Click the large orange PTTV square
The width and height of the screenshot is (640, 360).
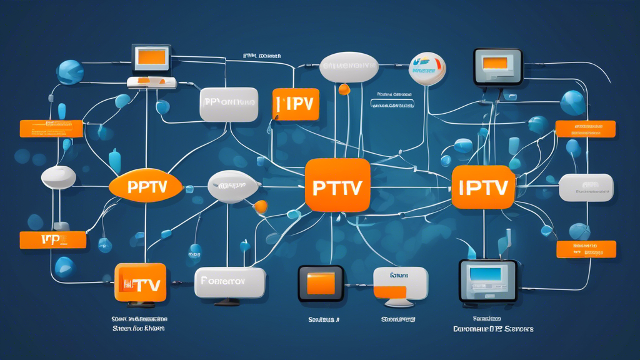click(x=337, y=184)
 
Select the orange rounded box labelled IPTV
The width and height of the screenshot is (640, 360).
click(x=482, y=187)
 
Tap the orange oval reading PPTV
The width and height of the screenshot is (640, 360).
click(x=146, y=187)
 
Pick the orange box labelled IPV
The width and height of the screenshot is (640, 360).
click(x=296, y=104)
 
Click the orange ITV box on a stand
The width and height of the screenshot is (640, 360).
click(x=141, y=282)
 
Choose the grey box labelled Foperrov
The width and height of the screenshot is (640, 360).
click(x=229, y=282)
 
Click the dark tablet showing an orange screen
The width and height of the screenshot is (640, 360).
click(x=321, y=283)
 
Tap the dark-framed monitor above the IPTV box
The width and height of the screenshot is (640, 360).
click(x=497, y=66)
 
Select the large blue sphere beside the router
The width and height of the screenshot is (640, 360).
click(x=70, y=72)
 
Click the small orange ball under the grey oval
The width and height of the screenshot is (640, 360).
click(x=343, y=89)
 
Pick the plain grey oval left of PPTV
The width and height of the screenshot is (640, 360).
click(x=58, y=177)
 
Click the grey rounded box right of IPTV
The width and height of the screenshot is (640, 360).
click(x=586, y=187)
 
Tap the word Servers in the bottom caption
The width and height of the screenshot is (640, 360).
click(x=519, y=328)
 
